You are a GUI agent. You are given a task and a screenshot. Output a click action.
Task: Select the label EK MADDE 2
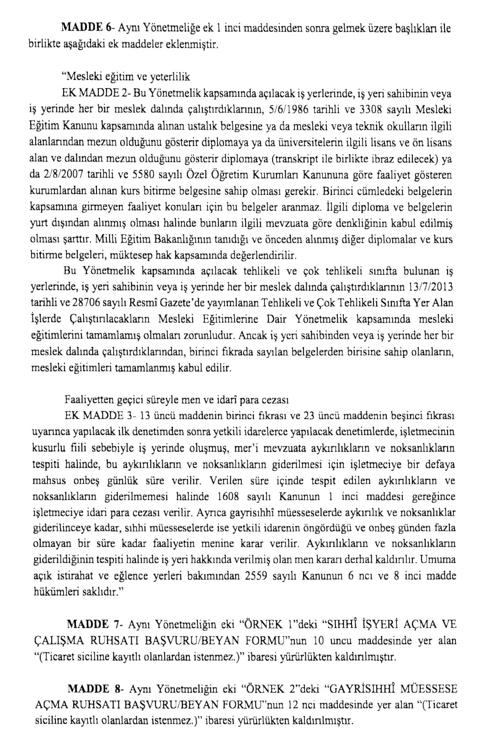pos(94,94)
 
